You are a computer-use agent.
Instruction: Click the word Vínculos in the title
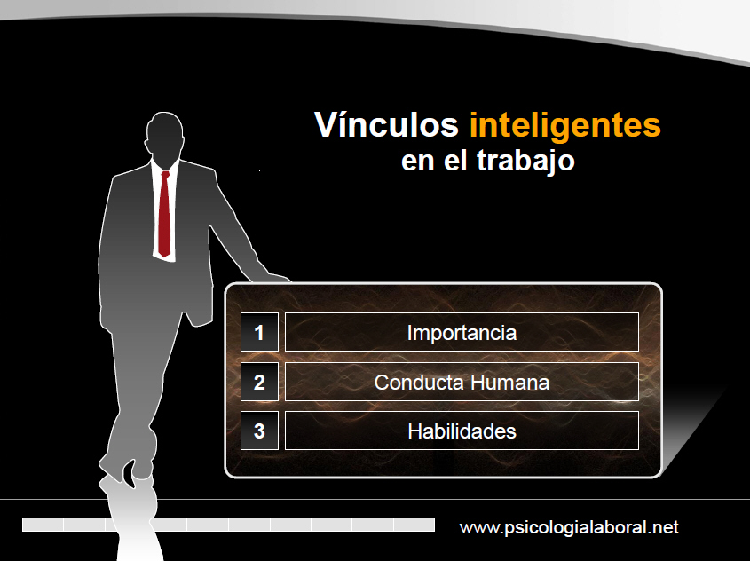coord(386,125)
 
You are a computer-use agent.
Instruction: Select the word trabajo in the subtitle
coord(525,161)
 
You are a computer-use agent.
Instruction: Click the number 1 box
coord(259,332)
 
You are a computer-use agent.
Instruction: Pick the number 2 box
coord(259,382)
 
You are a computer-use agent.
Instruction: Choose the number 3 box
coord(259,431)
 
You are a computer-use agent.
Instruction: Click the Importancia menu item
coord(462,332)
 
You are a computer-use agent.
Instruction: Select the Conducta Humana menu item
coord(462,382)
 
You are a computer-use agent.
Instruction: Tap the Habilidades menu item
coord(462,431)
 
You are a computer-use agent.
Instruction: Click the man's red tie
coord(164,214)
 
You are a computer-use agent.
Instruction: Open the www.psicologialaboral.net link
coord(569,527)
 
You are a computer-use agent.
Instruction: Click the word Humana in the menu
coord(509,383)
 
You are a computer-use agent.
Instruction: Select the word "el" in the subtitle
coord(454,160)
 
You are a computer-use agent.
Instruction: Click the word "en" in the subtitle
coord(417,162)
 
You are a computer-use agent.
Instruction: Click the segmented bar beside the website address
coord(229,525)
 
